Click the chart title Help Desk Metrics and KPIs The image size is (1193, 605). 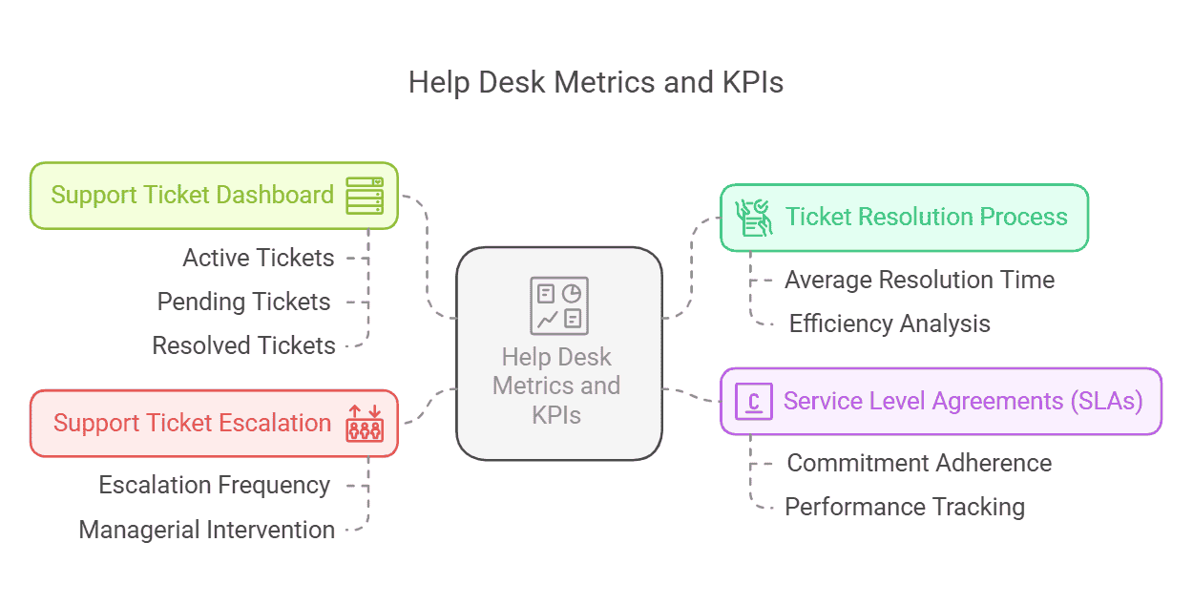pyautogui.click(x=596, y=83)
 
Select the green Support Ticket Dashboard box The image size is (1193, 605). pyautogui.click(x=191, y=196)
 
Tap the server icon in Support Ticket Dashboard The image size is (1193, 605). pyautogui.click(x=364, y=196)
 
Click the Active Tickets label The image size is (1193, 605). pyautogui.click(x=259, y=258)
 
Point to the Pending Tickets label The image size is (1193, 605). pyautogui.click(x=244, y=302)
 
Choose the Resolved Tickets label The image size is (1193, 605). pyautogui.click(x=244, y=345)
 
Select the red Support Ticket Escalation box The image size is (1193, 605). pyautogui.click(x=191, y=423)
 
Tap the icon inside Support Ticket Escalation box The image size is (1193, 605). pyautogui.click(x=364, y=423)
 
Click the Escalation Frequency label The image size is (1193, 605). pyautogui.click(x=215, y=485)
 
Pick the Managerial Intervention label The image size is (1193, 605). pyautogui.click(x=207, y=530)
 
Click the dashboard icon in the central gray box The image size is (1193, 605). pyautogui.click(x=559, y=305)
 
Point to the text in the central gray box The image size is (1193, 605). pyautogui.click(x=559, y=386)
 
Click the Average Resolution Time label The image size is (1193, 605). pyautogui.click(x=919, y=280)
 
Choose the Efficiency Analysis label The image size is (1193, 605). pyautogui.click(x=890, y=323)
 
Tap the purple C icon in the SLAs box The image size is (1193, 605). pyautogui.click(x=753, y=401)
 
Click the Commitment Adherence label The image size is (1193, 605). pyautogui.click(x=919, y=463)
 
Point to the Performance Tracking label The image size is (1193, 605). pyautogui.click(x=905, y=507)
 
